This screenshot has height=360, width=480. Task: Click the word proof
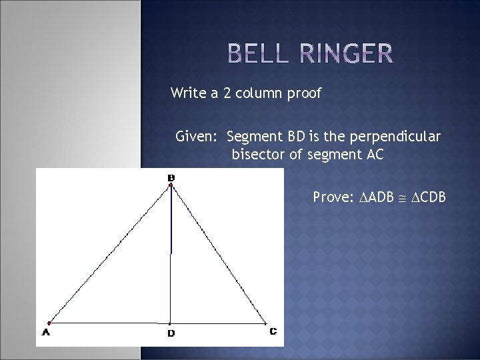[x=303, y=94]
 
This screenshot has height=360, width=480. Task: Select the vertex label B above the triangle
[x=171, y=177]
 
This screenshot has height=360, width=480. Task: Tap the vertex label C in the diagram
[x=273, y=331]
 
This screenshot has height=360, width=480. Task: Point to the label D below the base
[x=171, y=333]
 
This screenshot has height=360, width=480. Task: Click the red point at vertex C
[x=265, y=324]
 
